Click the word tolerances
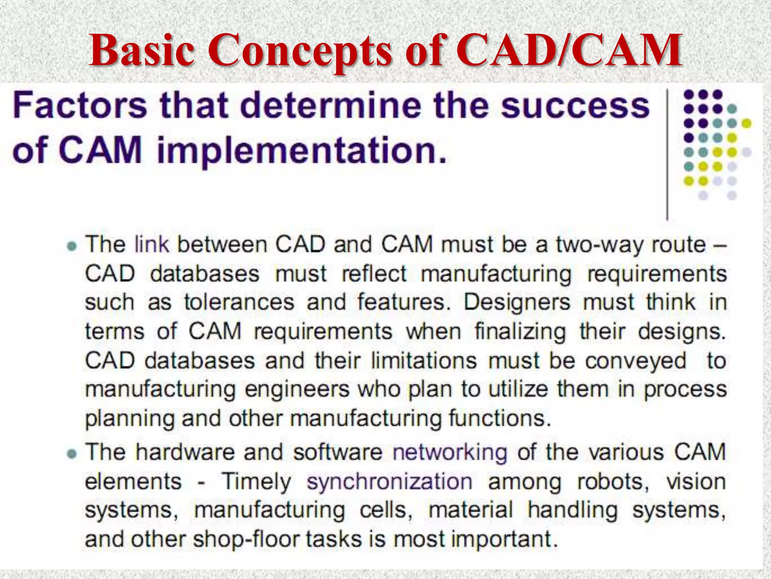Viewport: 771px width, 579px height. click(x=239, y=302)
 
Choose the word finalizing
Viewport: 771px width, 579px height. click(x=520, y=332)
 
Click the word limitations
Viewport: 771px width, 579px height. click(x=424, y=360)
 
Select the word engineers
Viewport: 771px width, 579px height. click(x=297, y=389)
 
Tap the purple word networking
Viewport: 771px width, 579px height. click(x=450, y=452)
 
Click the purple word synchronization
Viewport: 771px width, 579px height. click(x=389, y=482)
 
